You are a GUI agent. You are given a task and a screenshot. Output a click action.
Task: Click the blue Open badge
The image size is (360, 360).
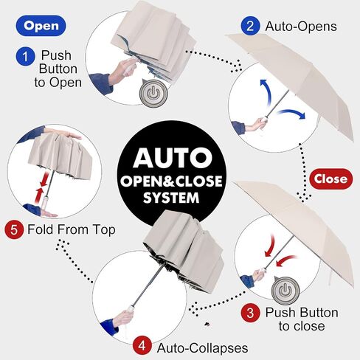(x=41, y=26)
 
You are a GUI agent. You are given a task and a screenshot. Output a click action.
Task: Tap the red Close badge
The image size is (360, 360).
(x=330, y=179)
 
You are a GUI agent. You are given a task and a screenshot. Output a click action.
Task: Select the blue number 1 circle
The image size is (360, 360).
(x=26, y=57)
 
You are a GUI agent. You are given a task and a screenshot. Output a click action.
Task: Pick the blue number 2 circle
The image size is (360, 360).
(x=250, y=26)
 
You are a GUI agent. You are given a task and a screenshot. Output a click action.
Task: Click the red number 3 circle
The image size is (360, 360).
(x=250, y=313)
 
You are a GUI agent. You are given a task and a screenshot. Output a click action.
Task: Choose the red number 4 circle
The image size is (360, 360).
(x=142, y=346)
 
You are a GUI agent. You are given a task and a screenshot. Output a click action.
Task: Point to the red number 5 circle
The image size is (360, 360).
(x=14, y=230)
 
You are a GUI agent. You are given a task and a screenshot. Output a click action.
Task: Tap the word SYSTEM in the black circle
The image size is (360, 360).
(x=171, y=198)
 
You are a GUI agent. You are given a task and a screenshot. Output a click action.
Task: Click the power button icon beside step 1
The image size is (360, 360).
(x=153, y=93)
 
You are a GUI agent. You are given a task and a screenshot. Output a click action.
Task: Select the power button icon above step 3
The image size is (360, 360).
(x=285, y=291)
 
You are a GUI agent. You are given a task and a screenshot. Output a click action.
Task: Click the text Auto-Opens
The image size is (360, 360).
(x=301, y=26)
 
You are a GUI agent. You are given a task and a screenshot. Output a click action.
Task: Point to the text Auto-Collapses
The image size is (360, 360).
(x=203, y=347)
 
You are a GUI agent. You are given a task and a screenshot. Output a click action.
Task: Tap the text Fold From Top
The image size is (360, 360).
(x=72, y=229)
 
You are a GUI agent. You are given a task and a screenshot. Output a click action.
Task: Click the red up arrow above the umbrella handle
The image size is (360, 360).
(x=40, y=195)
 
